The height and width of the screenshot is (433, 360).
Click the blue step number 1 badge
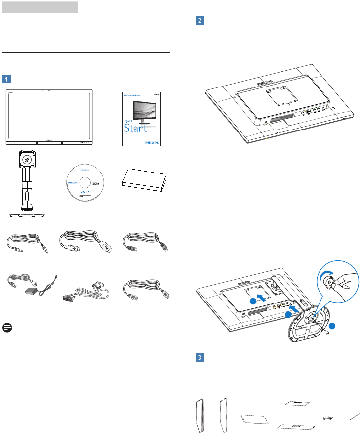6,79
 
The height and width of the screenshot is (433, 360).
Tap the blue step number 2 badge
200,21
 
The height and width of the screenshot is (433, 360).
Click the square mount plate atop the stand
28,158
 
